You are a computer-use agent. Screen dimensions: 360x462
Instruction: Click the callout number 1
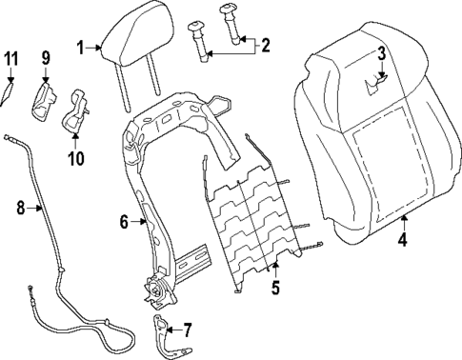click(x=82, y=44)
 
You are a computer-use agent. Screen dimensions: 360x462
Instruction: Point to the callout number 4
click(x=401, y=240)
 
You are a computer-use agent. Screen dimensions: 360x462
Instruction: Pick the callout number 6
click(x=123, y=223)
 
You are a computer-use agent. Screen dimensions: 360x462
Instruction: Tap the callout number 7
click(x=187, y=330)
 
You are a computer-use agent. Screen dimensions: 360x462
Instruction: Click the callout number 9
click(x=45, y=59)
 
